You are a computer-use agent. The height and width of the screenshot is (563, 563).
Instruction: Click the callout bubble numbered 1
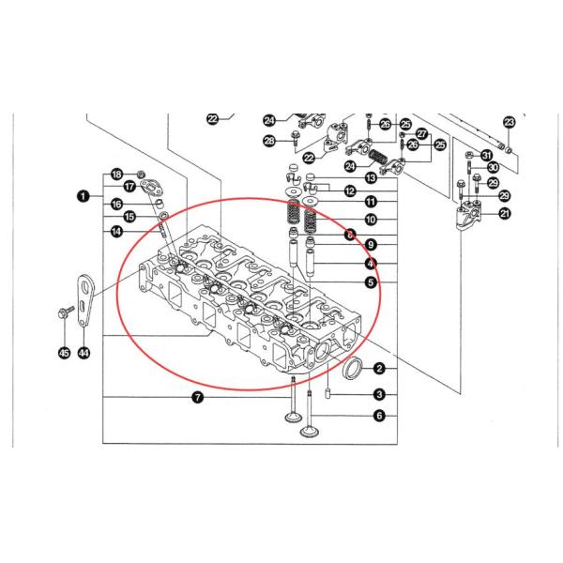(x=84, y=196)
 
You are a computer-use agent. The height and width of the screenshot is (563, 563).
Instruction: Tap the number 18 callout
(x=116, y=174)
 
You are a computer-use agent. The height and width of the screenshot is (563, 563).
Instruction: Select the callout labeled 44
(x=84, y=353)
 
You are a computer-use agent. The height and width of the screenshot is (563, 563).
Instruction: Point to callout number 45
(x=63, y=353)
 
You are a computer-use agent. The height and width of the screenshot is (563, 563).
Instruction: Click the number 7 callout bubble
(x=197, y=398)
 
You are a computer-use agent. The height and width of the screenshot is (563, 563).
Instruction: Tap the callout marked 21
(x=505, y=214)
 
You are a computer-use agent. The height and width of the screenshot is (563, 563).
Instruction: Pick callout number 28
(x=270, y=142)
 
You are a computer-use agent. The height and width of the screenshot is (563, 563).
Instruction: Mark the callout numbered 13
(x=371, y=176)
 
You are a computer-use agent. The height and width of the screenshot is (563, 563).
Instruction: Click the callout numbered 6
(x=379, y=415)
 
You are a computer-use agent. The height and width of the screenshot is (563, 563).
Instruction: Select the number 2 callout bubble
(x=379, y=368)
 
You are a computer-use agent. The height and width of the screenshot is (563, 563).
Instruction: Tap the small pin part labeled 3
(x=329, y=391)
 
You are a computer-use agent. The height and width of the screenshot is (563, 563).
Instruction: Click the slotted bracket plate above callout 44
(x=85, y=298)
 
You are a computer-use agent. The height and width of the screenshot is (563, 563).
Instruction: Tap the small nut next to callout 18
(x=140, y=174)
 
